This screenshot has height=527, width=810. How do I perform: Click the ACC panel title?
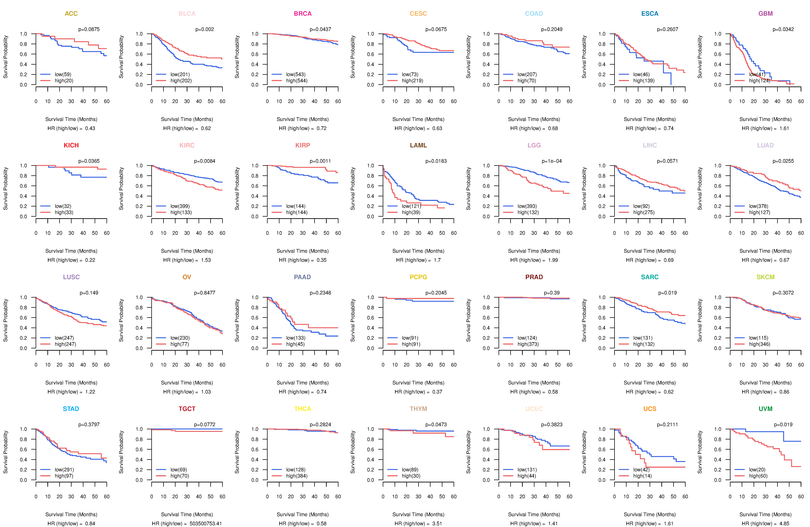[71, 14]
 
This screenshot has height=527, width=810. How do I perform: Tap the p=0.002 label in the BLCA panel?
[205, 29]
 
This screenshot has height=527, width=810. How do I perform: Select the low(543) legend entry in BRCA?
[295, 74]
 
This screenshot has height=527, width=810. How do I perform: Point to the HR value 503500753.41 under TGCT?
[206, 524]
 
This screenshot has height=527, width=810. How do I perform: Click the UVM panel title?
[765, 409]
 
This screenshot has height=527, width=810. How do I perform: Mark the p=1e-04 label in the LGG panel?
[552, 161]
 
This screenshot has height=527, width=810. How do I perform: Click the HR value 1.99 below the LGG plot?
[553, 260]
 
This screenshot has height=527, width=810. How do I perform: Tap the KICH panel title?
[71, 145]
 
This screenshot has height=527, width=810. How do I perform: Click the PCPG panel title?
[418, 277]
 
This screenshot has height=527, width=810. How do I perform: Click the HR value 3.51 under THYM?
[437, 524]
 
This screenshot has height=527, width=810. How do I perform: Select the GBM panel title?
[765, 14]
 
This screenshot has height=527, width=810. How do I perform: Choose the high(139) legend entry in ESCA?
[644, 81]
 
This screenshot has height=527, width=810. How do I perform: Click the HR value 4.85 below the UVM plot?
[784, 524]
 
